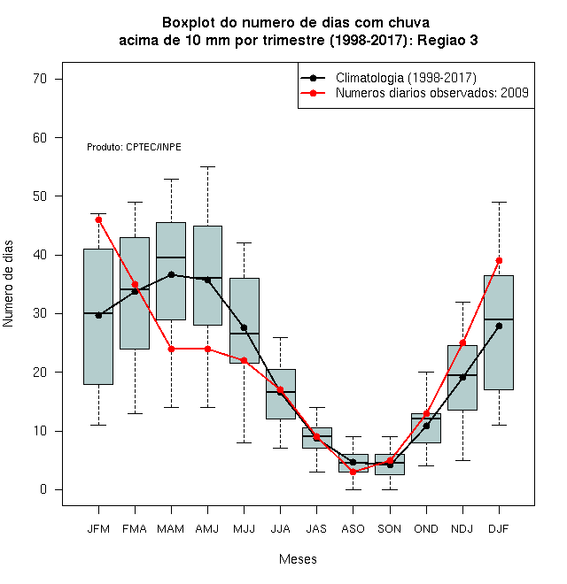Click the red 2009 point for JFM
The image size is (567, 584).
pos(98,219)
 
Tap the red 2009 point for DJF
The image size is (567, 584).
pos(499,260)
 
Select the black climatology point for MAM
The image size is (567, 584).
pos(171,274)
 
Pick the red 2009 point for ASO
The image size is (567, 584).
pos(353,472)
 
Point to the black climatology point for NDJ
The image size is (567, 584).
pos(462,378)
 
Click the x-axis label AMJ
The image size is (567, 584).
pos(207,529)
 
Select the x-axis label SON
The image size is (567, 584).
pos(390,529)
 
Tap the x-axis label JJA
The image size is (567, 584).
pos(280,529)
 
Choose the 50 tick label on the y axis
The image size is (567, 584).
pos(40,196)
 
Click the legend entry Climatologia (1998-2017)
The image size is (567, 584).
pos(406,78)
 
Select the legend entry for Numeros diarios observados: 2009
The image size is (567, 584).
pos(432,93)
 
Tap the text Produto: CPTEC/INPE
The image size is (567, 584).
pos(134,147)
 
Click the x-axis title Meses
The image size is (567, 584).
pos(298,559)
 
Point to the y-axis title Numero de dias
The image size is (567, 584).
pos(8,284)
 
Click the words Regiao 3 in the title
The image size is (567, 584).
pos(447,40)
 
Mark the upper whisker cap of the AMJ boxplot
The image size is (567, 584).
pos(208,167)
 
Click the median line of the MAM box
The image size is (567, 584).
pos(171,257)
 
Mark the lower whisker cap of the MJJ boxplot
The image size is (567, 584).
pos(245,442)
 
